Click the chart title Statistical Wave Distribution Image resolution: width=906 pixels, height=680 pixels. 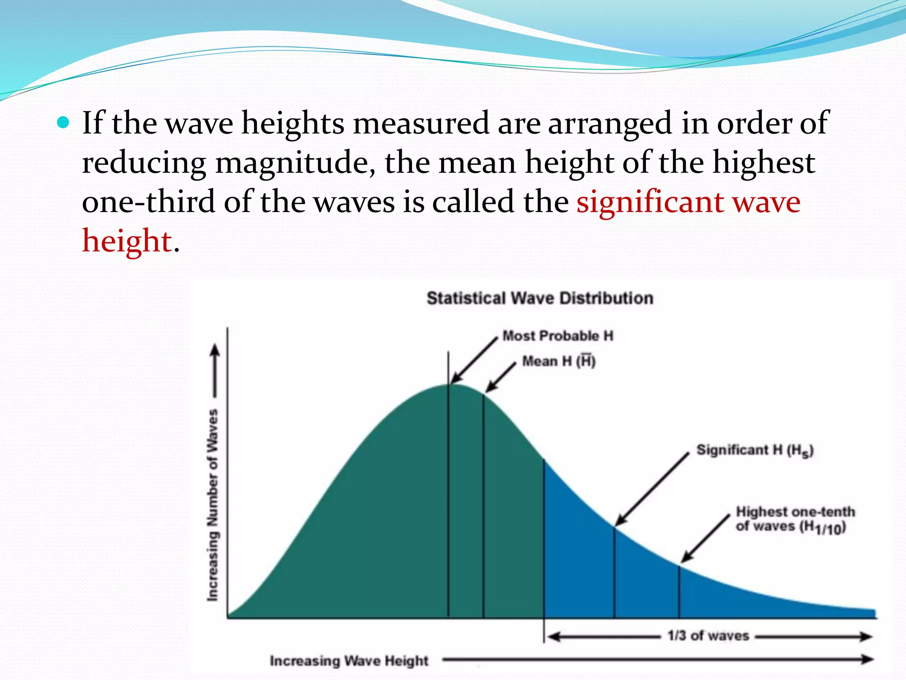coord(540,298)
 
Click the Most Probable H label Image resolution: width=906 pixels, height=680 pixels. coord(558,336)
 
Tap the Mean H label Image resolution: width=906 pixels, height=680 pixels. coord(559,361)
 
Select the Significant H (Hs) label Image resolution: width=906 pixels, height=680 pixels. coord(755,450)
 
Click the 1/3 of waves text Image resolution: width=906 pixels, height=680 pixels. coord(708,636)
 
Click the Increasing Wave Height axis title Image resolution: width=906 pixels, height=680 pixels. coord(349,661)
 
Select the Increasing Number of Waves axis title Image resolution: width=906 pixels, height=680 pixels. coord(213,505)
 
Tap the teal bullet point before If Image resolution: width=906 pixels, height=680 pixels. coord(64,122)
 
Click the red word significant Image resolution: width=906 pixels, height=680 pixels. coord(649,202)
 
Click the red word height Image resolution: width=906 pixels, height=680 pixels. coord(127,241)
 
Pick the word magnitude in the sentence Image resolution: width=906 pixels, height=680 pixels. coord(292,163)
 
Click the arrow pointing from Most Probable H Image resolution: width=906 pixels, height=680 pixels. coord(474,360)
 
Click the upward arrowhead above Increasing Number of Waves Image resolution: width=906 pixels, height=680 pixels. coord(215,351)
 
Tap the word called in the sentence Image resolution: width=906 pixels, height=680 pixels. coord(473,202)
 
